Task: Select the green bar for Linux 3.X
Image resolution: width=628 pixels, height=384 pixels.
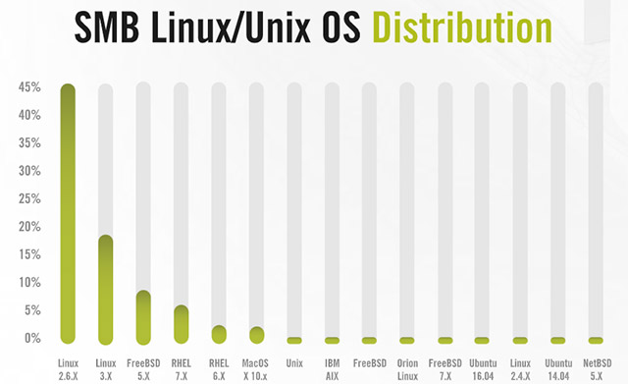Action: coord(106,290)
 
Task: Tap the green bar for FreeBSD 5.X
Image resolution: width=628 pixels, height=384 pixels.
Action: coord(143,317)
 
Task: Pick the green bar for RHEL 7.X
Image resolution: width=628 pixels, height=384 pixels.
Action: coord(181,324)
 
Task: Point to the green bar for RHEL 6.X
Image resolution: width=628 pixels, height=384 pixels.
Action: coord(219,335)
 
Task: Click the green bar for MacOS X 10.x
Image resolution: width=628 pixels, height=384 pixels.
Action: coord(256,335)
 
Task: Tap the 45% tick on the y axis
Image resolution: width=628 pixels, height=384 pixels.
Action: coord(29,87)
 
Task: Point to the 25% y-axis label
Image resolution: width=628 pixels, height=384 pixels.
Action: coord(29,198)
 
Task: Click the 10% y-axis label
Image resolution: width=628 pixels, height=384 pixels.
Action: coord(29,283)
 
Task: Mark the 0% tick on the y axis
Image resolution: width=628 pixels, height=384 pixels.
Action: coord(32,339)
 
